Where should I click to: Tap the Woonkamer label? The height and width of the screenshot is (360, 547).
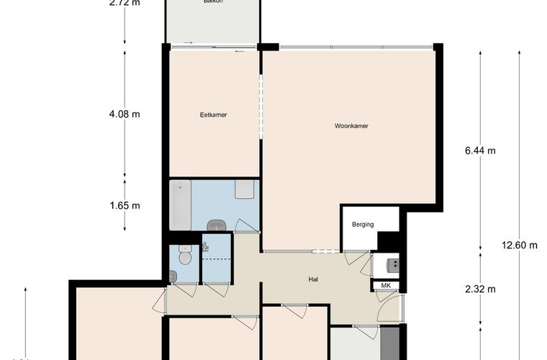[351, 126]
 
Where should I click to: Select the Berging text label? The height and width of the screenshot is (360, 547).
[363, 225]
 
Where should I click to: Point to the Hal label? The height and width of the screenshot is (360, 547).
[313, 280]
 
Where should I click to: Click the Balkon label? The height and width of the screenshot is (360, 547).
[212, 2]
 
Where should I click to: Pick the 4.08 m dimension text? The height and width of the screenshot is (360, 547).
[124, 114]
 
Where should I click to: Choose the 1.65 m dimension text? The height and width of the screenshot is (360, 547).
[124, 205]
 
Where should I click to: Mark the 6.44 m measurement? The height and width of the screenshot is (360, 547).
[480, 150]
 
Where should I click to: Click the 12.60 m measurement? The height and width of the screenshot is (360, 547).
[520, 245]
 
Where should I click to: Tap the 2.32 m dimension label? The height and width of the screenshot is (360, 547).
[480, 289]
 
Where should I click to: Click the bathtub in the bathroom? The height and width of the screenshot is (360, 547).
[181, 205]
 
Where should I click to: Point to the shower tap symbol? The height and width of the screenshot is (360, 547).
[207, 247]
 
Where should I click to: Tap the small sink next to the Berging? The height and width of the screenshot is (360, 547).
[393, 264]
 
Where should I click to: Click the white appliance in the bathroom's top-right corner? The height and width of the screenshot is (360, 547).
[245, 191]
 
